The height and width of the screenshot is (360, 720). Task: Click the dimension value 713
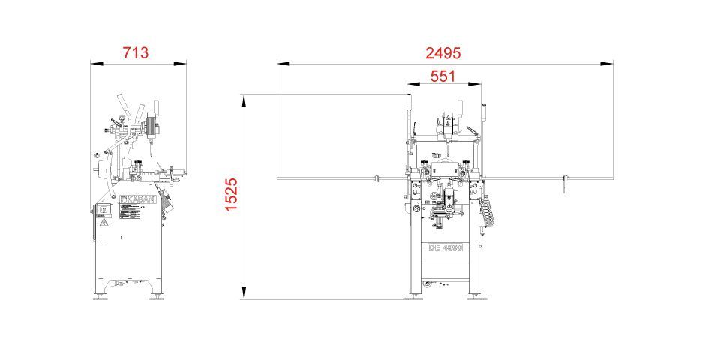coord(136,52)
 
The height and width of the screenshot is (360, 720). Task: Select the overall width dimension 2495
coord(442,52)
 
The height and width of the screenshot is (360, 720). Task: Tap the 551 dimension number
coord(442,76)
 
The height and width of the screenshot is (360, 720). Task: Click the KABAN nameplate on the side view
coord(137,201)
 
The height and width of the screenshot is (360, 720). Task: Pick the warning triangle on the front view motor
coord(448,118)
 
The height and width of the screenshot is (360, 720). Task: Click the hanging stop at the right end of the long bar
coord(562,185)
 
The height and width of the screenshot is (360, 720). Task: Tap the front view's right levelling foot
coord(474,297)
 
